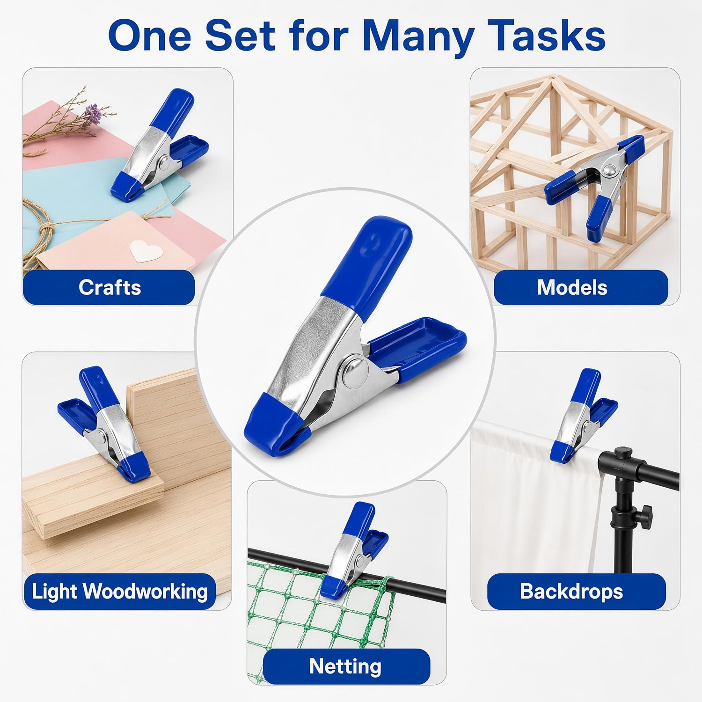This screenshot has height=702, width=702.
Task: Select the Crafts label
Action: (109, 287)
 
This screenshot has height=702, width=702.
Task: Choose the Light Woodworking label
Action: (120, 592)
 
